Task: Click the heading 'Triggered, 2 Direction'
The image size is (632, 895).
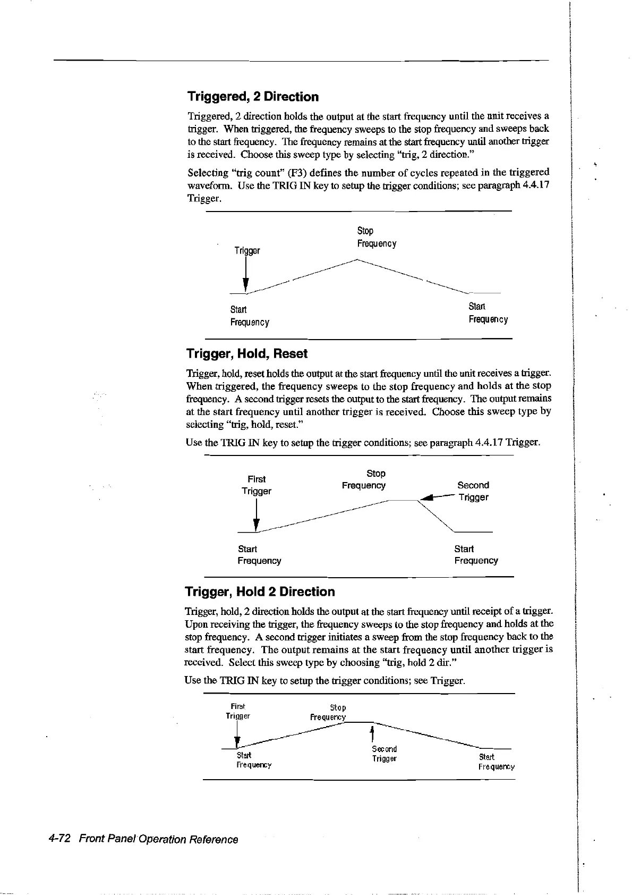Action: pos(253,97)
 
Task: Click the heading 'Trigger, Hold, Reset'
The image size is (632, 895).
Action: pos(247,354)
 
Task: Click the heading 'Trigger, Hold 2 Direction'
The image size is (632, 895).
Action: pos(260,592)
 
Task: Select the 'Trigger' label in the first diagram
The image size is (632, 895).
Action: pos(247,250)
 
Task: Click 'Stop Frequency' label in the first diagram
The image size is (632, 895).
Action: pos(376,237)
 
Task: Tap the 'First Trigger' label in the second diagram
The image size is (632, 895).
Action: pos(257,485)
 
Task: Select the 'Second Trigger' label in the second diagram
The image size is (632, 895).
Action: pos(473,491)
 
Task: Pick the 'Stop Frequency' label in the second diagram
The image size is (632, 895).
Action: pos(364,479)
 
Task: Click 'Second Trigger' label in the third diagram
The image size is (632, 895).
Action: pos(385,754)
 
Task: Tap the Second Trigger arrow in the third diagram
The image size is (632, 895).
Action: pos(373,734)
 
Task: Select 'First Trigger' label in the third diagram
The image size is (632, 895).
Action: pos(237,711)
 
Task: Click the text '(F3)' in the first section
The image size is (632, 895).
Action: pos(295,173)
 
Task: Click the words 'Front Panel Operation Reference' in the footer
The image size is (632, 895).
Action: pos(158,839)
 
